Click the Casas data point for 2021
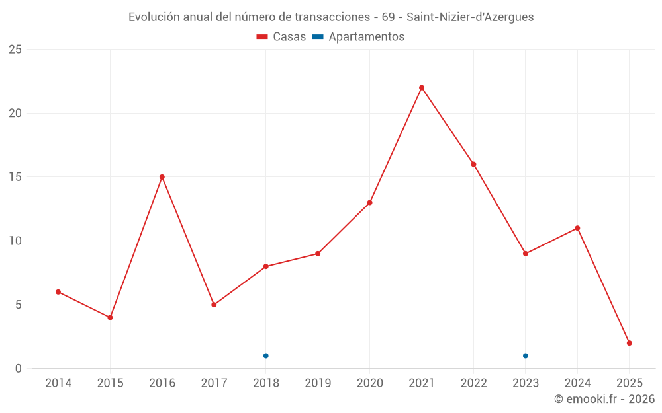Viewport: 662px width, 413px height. click(422, 88)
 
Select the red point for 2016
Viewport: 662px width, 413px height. click(162, 177)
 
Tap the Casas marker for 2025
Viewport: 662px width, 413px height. click(630, 343)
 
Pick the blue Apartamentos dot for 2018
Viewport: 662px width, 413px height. click(266, 356)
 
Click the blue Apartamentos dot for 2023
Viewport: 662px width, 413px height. click(526, 356)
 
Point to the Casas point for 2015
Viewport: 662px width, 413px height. click(110, 318)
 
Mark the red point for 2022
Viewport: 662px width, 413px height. click(473, 165)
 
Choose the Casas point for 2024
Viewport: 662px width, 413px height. click(577, 229)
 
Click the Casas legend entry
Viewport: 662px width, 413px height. click(281, 37)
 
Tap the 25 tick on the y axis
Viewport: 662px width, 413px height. click(15, 50)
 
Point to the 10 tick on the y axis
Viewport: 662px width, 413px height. click(15, 241)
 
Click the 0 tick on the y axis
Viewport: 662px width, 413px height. click(19, 369)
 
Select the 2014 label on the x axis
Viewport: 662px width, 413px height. click(58, 383)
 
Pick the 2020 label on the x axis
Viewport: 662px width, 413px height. click(369, 383)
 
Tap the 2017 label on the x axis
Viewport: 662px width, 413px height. click(214, 383)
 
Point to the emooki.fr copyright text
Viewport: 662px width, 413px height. click(604, 399)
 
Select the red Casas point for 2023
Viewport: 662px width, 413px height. click(526, 254)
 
